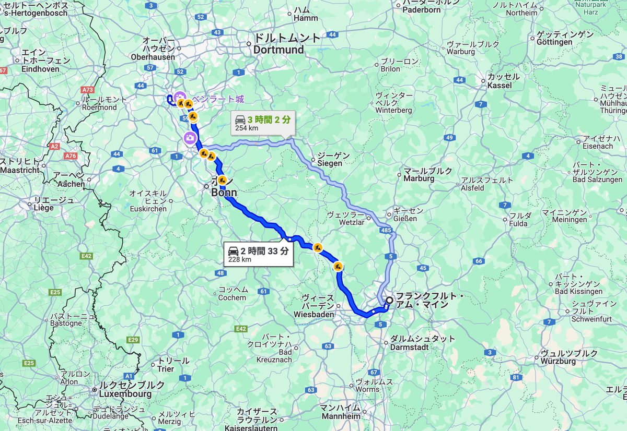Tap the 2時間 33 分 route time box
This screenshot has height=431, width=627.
click(x=259, y=255)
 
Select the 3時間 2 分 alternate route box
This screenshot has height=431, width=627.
click(x=263, y=123)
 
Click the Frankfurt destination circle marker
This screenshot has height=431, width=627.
click(x=389, y=300)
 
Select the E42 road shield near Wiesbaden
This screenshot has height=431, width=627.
click(x=241, y=328)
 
